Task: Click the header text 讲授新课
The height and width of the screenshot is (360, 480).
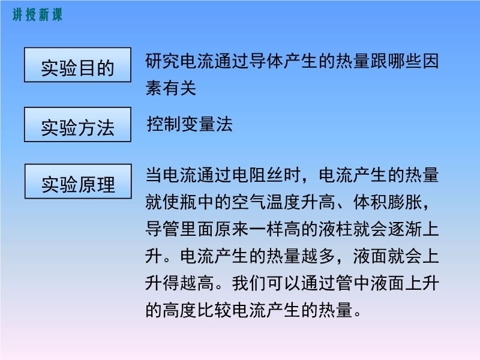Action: coord(37,14)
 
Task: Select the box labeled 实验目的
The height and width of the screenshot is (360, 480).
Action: coord(78,65)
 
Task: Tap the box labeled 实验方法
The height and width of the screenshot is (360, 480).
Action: coord(78,125)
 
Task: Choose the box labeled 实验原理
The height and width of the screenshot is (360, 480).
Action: coord(78,182)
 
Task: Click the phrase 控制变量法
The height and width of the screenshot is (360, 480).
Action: coord(190,124)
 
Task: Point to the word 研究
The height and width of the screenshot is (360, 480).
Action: coord(163,61)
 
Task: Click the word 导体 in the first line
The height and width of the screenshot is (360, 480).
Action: coord(266,61)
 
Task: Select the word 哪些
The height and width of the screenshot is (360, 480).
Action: coord(404,61)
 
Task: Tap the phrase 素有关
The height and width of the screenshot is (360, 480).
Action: coord(171,88)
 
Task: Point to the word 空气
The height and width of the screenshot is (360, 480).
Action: coord(249,202)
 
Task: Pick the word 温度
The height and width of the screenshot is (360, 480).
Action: coord(283,202)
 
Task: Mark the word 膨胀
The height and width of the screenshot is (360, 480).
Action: coord(404,202)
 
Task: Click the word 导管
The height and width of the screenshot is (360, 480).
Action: coord(163,229)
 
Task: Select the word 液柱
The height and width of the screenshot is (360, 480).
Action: coord(335,229)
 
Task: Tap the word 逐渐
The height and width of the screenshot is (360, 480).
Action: coord(404,229)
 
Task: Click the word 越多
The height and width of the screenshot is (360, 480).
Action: coord(319,256)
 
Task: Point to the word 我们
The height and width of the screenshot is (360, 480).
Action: coord(249,283)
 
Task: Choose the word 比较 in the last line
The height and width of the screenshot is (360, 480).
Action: coord(215,310)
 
